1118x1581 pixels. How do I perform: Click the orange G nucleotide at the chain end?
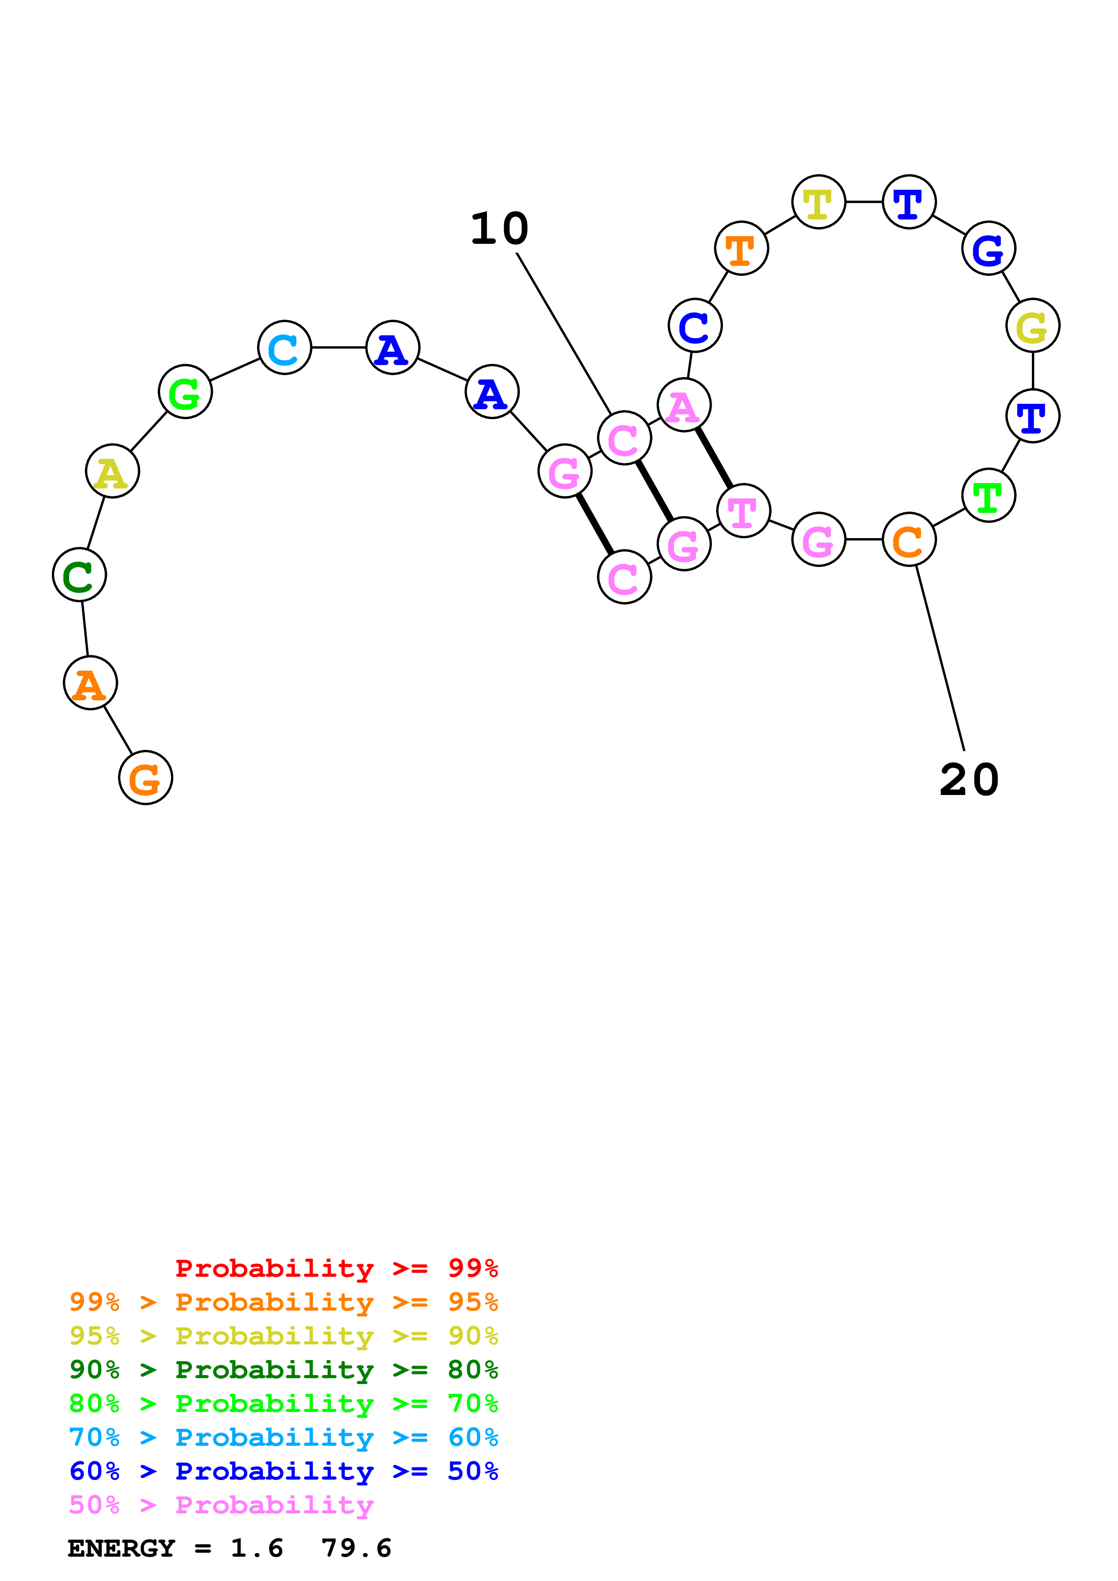click(x=145, y=777)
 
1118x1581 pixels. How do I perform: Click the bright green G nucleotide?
click(x=185, y=392)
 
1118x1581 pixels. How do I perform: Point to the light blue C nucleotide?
click(x=285, y=348)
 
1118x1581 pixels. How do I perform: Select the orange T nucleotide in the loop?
click(x=741, y=249)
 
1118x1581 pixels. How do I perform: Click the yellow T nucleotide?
click(x=819, y=202)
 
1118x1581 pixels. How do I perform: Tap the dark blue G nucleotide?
click(x=989, y=249)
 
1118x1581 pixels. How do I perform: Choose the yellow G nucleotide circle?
click(x=1033, y=326)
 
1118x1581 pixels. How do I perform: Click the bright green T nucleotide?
click(x=989, y=495)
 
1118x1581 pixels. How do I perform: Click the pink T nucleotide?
click(x=743, y=511)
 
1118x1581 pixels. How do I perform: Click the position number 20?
click(x=969, y=780)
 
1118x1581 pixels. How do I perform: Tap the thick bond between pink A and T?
click(x=713, y=458)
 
